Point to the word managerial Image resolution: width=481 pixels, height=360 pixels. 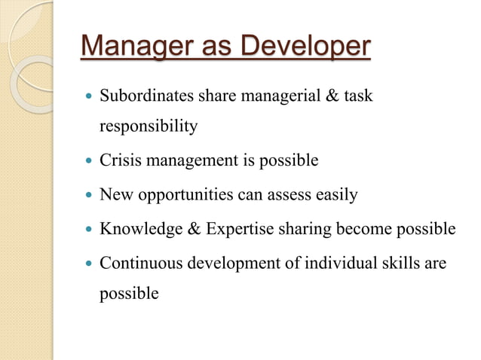(x=281, y=97)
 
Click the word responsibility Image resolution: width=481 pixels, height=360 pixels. (x=149, y=126)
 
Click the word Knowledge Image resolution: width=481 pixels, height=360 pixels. (x=139, y=229)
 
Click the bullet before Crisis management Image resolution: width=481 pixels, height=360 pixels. (x=89, y=160)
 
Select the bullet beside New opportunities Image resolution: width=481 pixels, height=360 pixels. (x=89, y=195)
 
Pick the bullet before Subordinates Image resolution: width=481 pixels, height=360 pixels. (x=89, y=97)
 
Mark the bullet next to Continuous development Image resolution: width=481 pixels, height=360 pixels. (x=89, y=264)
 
